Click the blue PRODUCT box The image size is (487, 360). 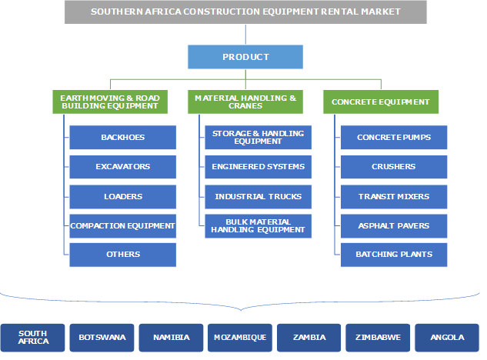point(245,57)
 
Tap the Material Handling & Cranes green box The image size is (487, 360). point(245,102)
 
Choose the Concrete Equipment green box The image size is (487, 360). point(381,102)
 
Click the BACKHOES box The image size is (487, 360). point(123,138)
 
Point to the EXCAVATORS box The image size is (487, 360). point(123,167)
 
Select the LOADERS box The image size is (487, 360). point(123,196)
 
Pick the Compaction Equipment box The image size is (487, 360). point(123,225)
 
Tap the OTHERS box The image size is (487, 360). point(123,255)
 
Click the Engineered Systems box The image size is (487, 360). point(259,167)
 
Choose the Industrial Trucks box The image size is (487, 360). point(259,196)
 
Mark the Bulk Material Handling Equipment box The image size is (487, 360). point(259,225)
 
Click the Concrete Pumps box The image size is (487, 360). point(394,138)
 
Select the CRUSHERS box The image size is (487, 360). point(394,167)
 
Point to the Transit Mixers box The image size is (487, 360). point(394,196)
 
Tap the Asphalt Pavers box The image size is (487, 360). point(394,225)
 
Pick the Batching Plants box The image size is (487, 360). point(394,255)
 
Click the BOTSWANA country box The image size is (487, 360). point(102,337)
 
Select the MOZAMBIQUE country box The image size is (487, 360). point(240,337)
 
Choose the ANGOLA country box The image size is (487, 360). point(447,337)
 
